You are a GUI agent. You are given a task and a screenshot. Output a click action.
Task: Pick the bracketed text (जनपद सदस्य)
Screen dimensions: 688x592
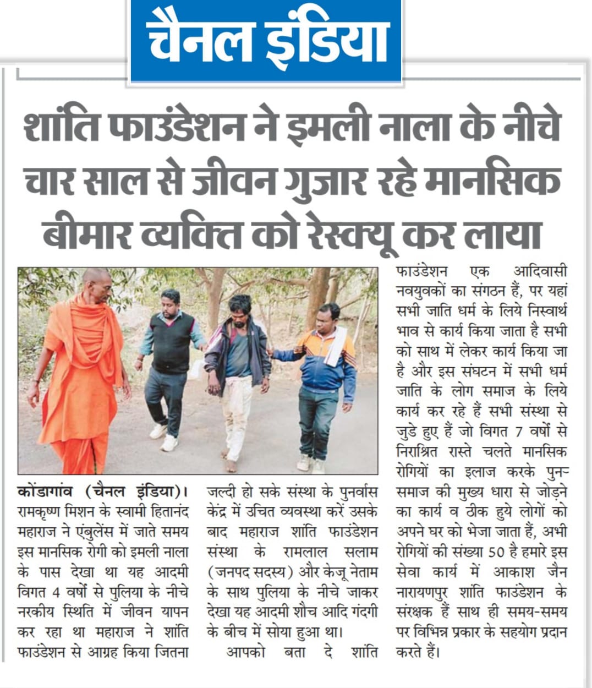(x=248, y=572)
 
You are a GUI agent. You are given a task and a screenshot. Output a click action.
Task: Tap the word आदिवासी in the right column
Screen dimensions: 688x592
(x=540, y=271)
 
